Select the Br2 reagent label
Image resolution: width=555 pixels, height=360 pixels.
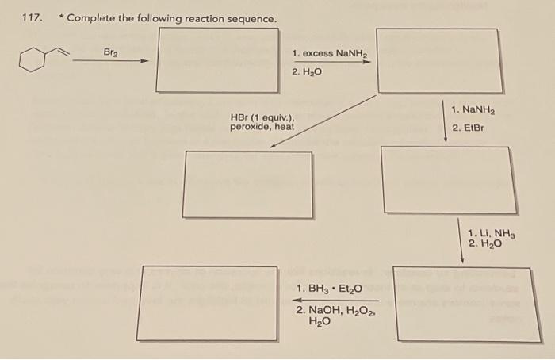pyautogui.click(x=110, y=52)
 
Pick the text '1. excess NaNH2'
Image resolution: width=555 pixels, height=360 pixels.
pyautogui.click(x=331, y=53)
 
